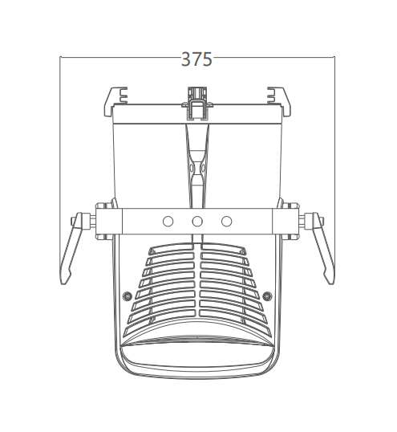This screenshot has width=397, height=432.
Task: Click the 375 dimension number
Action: (196, 59)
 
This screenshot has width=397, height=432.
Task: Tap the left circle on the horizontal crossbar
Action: (168, 222)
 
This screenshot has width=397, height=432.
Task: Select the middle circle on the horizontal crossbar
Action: (197, 222)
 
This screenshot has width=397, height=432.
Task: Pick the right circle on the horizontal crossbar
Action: (227, 222)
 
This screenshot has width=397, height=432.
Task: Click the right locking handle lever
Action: (322, 248)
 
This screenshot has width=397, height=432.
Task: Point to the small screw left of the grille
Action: (127, 296)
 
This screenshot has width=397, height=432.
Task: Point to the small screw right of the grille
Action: (267, 296)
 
